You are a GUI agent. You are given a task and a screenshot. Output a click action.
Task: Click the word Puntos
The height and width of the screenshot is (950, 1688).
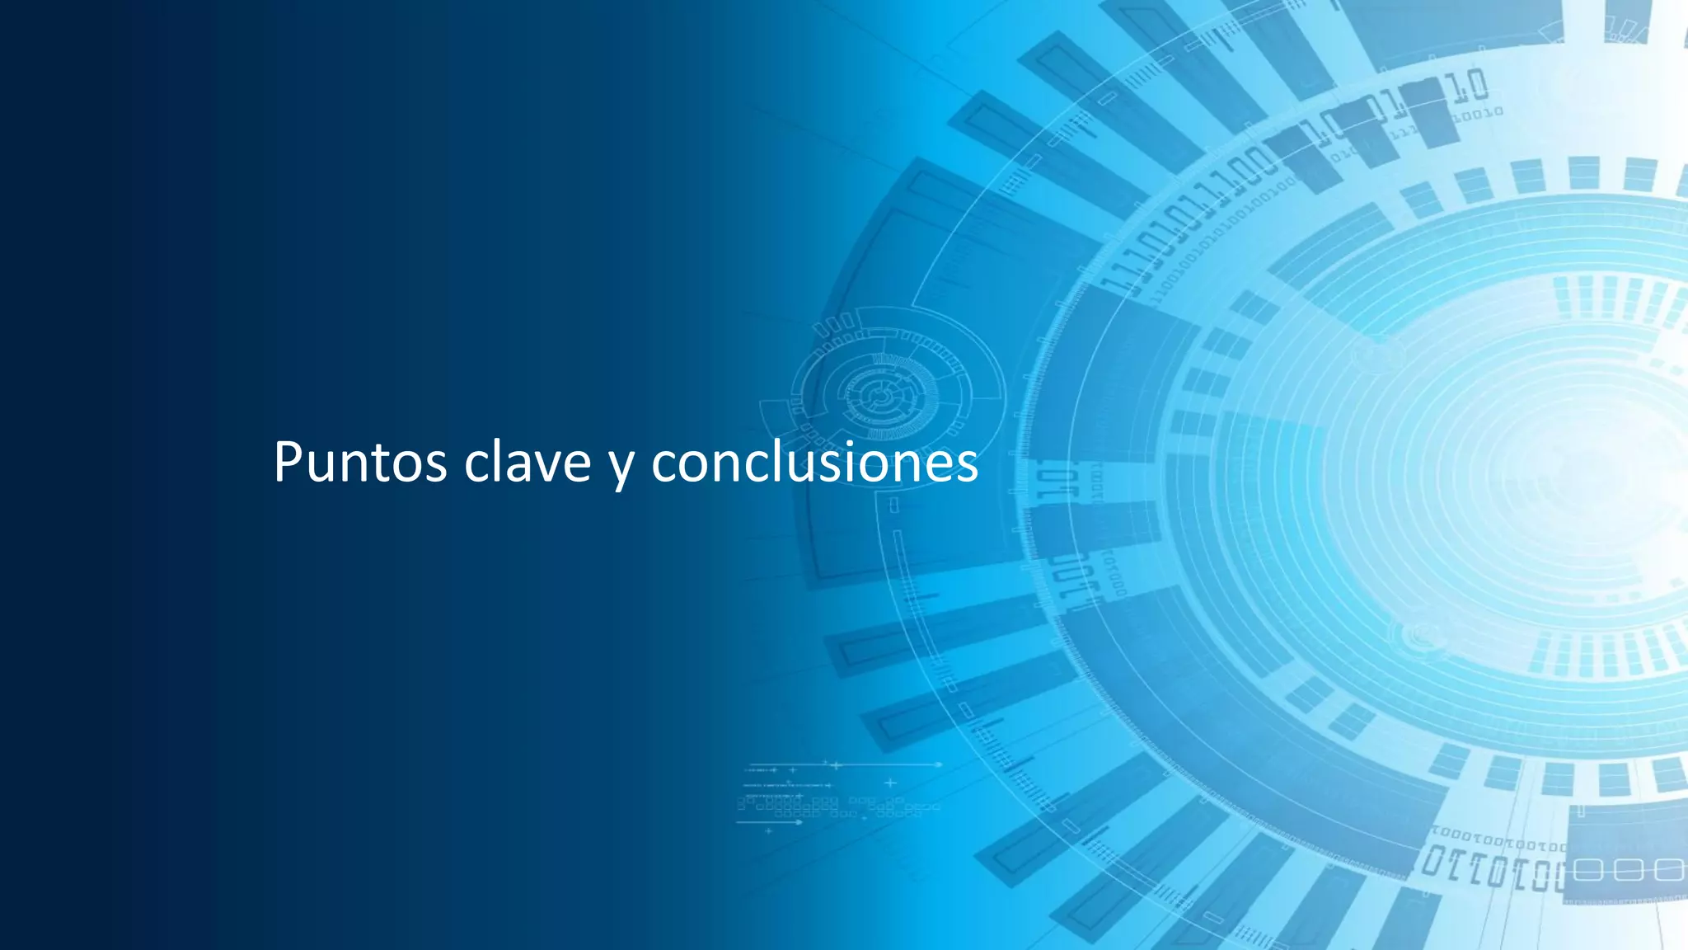point(360,462)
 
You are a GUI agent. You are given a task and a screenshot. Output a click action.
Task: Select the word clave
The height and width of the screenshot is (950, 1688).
point(527,462)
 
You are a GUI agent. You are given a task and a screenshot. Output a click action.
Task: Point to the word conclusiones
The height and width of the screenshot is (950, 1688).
point(814,462)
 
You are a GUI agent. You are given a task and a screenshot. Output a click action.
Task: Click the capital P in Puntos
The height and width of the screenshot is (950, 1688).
point(288,462)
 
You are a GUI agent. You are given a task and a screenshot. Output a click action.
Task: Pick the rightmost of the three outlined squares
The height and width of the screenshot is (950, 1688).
point(1667,870)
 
